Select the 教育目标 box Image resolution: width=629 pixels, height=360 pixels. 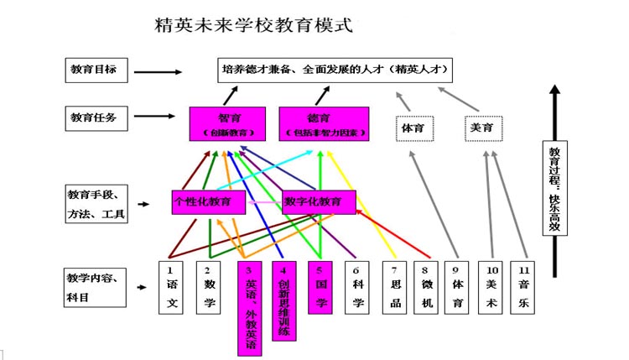click(96, 70)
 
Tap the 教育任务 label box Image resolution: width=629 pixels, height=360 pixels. click(96, 118)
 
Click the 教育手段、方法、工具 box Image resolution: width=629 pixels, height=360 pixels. click(96, 205)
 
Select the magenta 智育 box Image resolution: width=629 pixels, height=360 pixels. click(227, 124)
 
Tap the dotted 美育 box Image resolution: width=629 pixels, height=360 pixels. click(483, 128)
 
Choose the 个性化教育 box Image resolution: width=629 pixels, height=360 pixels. click(208, 202)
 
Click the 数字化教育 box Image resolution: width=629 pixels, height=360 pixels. click(319, 202)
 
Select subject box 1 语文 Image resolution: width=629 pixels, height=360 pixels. click(171, 287)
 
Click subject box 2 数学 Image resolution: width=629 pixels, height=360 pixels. click(208, 287)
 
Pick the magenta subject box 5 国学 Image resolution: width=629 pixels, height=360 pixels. click(320, 287)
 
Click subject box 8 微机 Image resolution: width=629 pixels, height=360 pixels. click(426, 287)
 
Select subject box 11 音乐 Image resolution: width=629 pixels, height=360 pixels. click(523, 287)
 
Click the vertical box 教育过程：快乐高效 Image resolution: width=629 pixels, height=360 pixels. click(554, 189)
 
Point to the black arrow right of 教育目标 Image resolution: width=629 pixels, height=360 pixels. click(158, 71)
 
